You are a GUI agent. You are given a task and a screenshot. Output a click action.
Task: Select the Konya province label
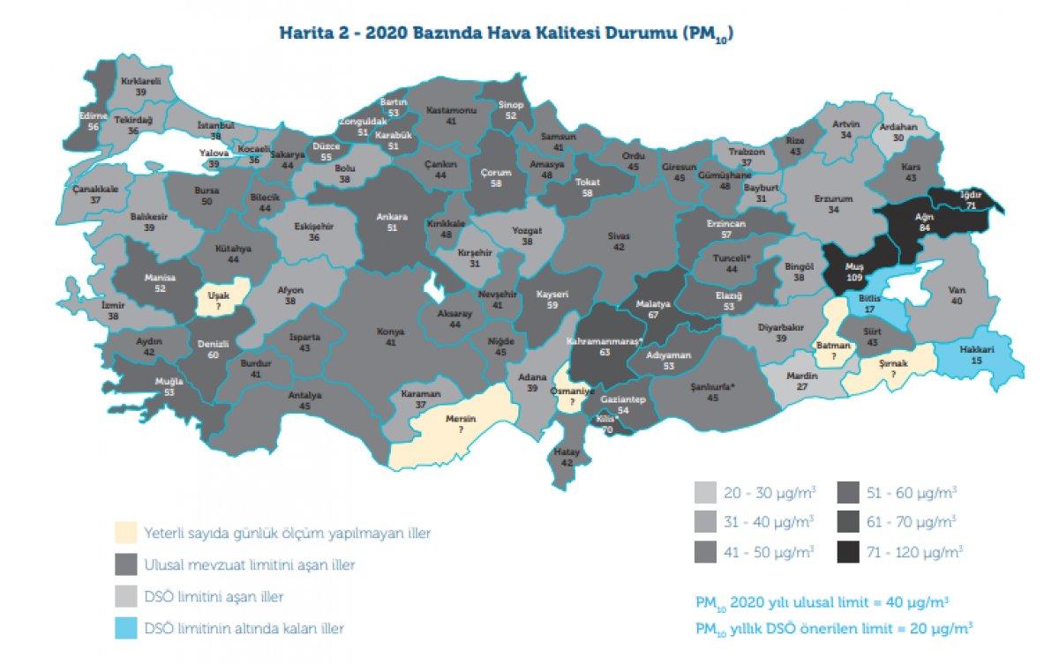(x=391, y=332)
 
